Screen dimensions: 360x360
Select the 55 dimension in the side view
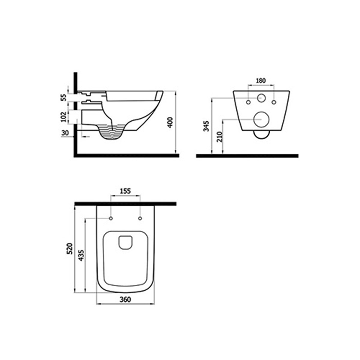(63, 98)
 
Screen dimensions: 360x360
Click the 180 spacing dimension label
(261, 81)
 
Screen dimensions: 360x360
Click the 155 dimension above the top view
(125, 191)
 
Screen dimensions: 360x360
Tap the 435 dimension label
(81, 255)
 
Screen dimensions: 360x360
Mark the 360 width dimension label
(125, 300)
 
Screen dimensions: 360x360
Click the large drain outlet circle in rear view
(262, 119)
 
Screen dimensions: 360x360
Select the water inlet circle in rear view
(262, 98)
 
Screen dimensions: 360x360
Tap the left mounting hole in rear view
(248, 103)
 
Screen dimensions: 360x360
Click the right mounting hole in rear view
(274, 103)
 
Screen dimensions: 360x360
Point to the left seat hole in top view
(111, 218)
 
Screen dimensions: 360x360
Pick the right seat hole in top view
(140, 218)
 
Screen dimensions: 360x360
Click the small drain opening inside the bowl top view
(126, 242)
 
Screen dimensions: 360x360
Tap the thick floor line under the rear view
(247, 156)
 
